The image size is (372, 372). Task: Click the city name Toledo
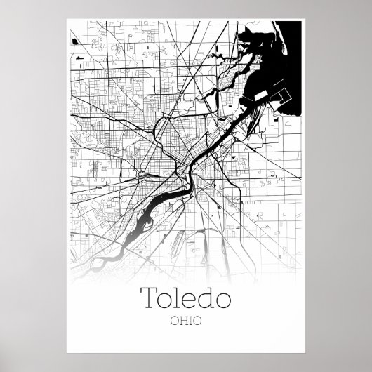click(x=185, y=298)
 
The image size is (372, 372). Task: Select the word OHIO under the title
click(x=185, y=323)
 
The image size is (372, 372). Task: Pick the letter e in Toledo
click(x=188, y=300)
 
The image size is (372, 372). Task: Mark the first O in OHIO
click(x=173, y=323)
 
